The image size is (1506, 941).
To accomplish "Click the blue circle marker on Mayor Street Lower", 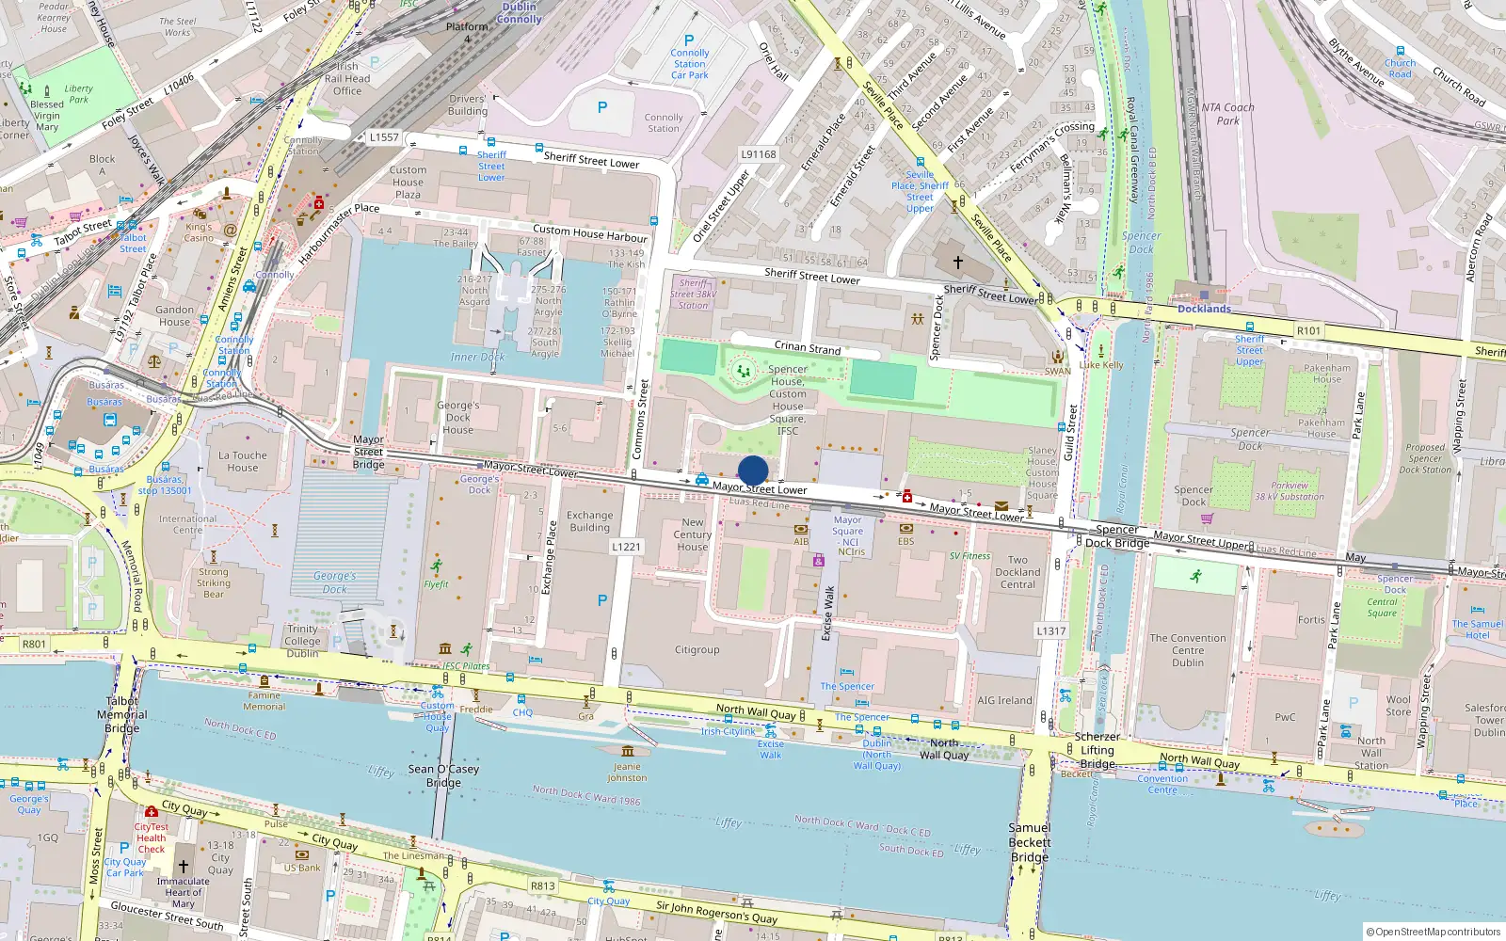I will (x=753, y=470).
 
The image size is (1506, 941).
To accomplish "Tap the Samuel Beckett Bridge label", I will (x=1030, y=842).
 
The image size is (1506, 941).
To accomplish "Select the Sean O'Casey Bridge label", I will (x=443, y=775).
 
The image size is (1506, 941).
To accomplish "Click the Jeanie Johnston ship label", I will (x=627, y=772).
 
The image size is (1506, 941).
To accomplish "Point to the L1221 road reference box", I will (x=626, y=547).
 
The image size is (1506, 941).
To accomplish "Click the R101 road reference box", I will (x=1308, y=330).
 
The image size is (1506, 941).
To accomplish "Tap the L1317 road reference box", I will (x=1050, y=630).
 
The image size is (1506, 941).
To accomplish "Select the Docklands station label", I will (x=1204, y=309).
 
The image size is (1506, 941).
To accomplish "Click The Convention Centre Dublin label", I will (x=1188, y=650).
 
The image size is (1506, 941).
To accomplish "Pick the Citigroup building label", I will (x=697, y=650).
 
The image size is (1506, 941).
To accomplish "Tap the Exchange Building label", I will (x=589, y=521).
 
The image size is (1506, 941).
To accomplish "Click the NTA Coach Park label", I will (x=1227, y=114).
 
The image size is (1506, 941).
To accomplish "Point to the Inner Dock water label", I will (x=477, y=357).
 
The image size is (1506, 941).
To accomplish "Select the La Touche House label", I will (x=243, y=461).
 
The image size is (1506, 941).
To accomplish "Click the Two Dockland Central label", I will (x=1017, y=572).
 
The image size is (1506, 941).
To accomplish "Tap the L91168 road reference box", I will (x=759, y=154).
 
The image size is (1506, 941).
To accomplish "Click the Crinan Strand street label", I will (x=807, y=347).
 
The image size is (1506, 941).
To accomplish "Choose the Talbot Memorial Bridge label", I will (x=122, y=714).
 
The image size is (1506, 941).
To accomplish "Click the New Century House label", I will (x=692, y=534).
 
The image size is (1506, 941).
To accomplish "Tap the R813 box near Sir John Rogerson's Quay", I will (x=543, y=885).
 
